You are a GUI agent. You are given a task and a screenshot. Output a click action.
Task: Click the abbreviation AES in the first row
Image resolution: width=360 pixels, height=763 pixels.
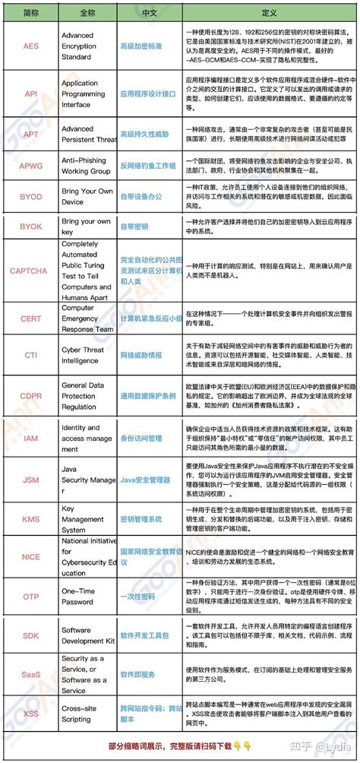31,46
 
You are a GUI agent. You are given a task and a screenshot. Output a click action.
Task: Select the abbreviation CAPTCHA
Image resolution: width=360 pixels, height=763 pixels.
29,270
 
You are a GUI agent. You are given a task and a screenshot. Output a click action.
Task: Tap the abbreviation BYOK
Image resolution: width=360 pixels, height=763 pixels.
31,226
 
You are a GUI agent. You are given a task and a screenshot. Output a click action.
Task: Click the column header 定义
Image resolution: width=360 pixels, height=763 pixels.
270,14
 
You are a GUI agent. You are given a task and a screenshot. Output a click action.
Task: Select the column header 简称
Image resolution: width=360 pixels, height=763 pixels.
31,14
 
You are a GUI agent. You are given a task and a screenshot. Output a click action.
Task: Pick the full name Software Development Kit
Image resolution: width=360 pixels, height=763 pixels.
87,635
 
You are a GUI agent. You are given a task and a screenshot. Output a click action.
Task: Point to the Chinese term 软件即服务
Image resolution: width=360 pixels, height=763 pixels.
137,674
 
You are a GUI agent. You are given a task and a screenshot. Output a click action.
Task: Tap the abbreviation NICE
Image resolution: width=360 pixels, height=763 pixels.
31,556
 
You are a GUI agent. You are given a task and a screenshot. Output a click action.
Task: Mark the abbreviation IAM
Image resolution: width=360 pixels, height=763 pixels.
31,438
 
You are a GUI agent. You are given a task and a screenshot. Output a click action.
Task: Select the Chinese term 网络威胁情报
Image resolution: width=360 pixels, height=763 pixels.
141,354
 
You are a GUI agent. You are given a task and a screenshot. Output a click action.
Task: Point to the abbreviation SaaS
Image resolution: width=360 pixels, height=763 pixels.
31,674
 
